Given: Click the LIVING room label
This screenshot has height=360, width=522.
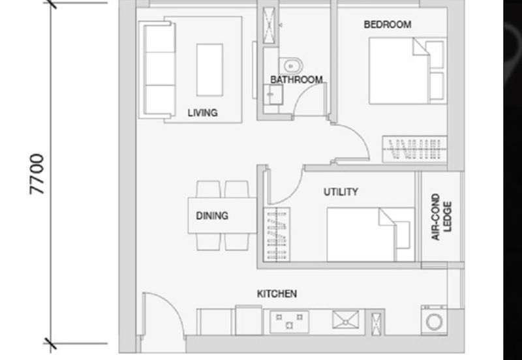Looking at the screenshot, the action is [202, 113].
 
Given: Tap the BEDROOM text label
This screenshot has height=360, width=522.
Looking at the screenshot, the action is [388, 24].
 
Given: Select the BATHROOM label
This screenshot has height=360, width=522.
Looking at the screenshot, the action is [296, 80].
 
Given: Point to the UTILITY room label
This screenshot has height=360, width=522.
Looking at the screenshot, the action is [341, 192].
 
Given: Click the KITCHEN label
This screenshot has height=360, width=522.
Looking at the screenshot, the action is [277, 293].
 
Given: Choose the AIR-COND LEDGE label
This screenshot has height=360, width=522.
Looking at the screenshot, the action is [442, 217].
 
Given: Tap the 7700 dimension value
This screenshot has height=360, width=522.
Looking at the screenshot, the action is [37, 173].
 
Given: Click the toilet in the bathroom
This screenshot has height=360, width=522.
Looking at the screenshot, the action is [290, 66].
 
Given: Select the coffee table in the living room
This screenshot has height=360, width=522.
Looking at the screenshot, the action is [209, 70].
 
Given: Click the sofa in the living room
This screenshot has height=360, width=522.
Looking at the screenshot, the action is [157, 70].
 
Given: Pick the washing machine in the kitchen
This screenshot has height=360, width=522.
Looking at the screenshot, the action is [434, 321].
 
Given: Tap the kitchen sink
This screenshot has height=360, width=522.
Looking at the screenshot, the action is [346, 320].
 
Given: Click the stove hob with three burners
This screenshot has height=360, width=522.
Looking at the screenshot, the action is [289, 322].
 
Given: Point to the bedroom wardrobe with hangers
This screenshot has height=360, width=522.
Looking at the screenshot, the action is [414, 149].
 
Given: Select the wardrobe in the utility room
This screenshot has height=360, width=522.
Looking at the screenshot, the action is [277, 234].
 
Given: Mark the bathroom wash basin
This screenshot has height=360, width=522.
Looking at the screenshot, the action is [273, 95].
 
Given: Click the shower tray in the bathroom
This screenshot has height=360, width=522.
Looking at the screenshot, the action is [269, 25].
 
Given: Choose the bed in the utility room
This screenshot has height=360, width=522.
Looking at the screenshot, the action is [371, 235].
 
